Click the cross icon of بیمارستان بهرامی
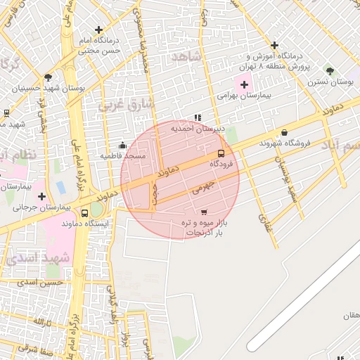click(x=244, y=84)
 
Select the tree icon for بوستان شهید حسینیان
click(x=48, y=77)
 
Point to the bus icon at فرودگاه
click(x=221, y=153)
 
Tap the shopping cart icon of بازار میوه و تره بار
click(x=204, y=212)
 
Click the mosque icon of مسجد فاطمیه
click(x=122, y=145)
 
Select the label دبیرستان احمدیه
click(x=203, y=129)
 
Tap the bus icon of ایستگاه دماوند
click(x=85, y=213)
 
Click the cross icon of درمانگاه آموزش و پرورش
click(x=274, y=45)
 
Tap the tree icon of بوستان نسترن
click(x=330, y=71)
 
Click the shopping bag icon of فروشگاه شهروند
click(x=284, y=132)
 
